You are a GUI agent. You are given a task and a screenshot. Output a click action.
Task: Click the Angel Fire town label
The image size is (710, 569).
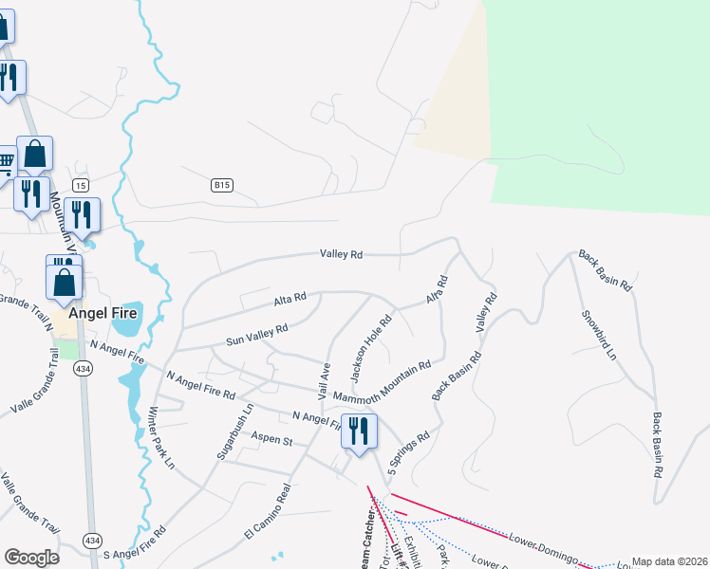[x=102, y=313]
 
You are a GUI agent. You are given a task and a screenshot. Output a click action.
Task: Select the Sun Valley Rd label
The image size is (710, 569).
[x=256, y=335]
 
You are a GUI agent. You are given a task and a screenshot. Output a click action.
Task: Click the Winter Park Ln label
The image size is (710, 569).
[x=160, y=438]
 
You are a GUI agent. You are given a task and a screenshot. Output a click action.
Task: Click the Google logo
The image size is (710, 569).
[x=31, y=558]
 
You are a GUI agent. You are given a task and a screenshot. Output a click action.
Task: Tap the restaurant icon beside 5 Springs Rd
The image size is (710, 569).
[x=359, y=431]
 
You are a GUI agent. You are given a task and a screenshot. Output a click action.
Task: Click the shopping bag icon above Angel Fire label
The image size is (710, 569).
[x=65, y=281]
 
